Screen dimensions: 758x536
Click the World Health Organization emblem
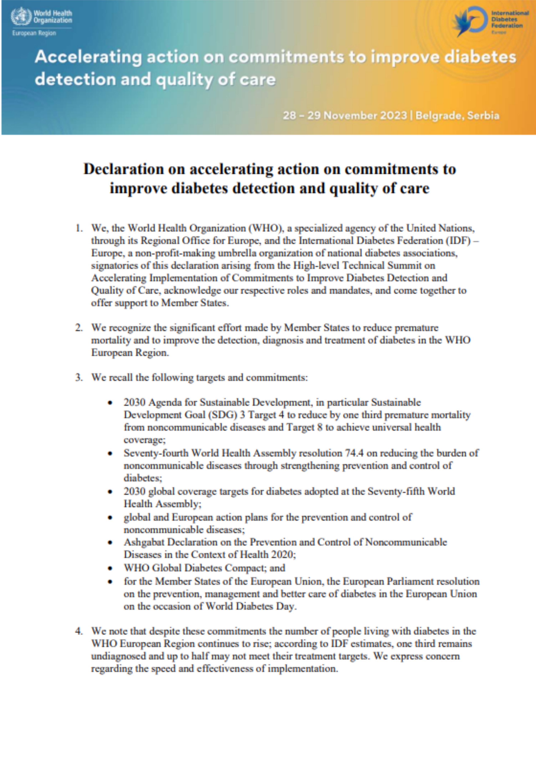[21, 17]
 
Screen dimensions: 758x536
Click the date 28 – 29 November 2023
[344, 116]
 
